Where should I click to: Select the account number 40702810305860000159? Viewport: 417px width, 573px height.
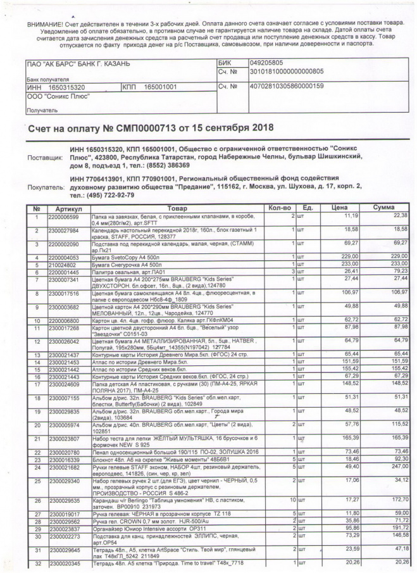tap(287, 86)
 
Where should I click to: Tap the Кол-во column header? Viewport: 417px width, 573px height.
tap(279, 208)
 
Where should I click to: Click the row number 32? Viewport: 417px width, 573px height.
tap(37, 563)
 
